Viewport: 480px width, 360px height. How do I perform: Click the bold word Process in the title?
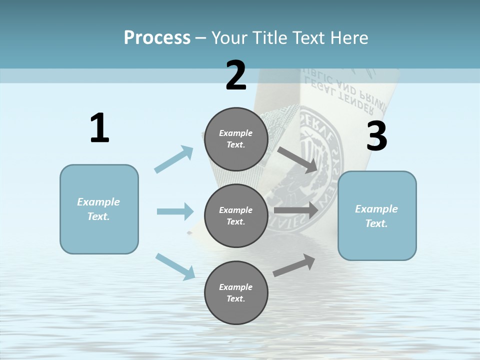(157, 37)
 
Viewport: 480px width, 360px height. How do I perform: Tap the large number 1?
(99, 128)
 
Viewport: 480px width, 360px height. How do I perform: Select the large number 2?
(236, 75)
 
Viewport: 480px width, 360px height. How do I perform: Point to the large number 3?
(376, 136)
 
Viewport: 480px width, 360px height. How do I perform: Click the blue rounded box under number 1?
(99, 209)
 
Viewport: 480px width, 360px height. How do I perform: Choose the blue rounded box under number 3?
(377, 216)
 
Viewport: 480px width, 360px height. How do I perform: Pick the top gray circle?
(236, 139)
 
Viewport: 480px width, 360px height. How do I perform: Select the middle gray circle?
(236, 216)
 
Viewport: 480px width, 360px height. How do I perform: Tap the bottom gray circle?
(236, 293)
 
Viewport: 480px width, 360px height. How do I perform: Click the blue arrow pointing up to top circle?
(173, 159)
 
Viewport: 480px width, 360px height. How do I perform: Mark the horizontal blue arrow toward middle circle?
(175, 211)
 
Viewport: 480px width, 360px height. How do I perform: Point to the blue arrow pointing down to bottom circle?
(175, 266)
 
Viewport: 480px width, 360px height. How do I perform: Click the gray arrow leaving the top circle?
(298, 159)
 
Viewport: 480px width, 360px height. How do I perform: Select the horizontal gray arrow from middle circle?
(296, 210)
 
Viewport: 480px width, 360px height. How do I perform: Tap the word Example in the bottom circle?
(235, 287)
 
